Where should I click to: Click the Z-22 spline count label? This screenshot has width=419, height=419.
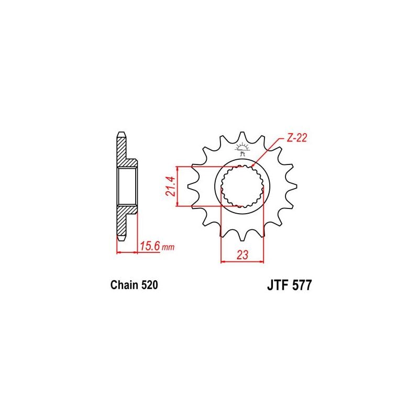pyautogui.click(x=296, y=138)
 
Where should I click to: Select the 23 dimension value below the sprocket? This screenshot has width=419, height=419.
pyautogui.click(x=242, y=255)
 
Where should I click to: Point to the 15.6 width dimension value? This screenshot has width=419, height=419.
pyautogui.click(x=151, y=245)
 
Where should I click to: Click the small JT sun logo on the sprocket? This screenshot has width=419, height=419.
pyautogui.click(x=241, y=149)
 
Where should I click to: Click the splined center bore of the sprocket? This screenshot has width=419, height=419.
pyautogui.click(x=241, y=186)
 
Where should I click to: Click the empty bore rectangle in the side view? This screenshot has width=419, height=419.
pyautogui.click(x=128, y=186)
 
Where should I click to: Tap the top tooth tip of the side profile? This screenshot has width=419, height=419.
pyautogui.click(x=121, y=134)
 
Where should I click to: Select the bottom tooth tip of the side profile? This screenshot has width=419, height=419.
pyautogui.click(x=121, y=238)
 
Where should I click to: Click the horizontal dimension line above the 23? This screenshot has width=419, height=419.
pyautogui.click(x=242, y=261)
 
